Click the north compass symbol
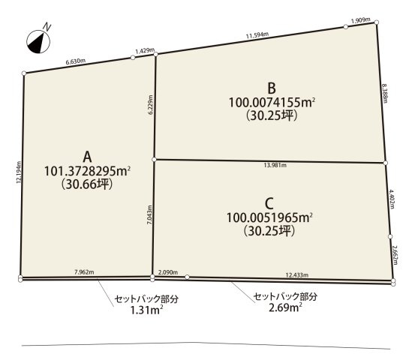coord(38,41)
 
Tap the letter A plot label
coord(87,157)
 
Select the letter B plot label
coord(272,88)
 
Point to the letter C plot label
coord(269,204)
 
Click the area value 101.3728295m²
coord(87,171)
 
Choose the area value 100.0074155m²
coord(272,102)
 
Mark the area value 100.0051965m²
coord(269,217)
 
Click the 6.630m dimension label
coord(76,61)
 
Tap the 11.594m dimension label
coord(257,35)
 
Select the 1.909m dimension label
coord(360,20)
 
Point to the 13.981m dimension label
coord(275,165)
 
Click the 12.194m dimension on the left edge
coord(19,172)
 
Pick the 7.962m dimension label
coord(84,271)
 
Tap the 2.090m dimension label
coord(168,272)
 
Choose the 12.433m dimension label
coord(297,275)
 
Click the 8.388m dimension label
coord(385,93)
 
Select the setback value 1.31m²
coord(146,310)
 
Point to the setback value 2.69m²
coord(285,307)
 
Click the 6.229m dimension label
coord(151,104)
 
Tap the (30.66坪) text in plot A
coord(87,184)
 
